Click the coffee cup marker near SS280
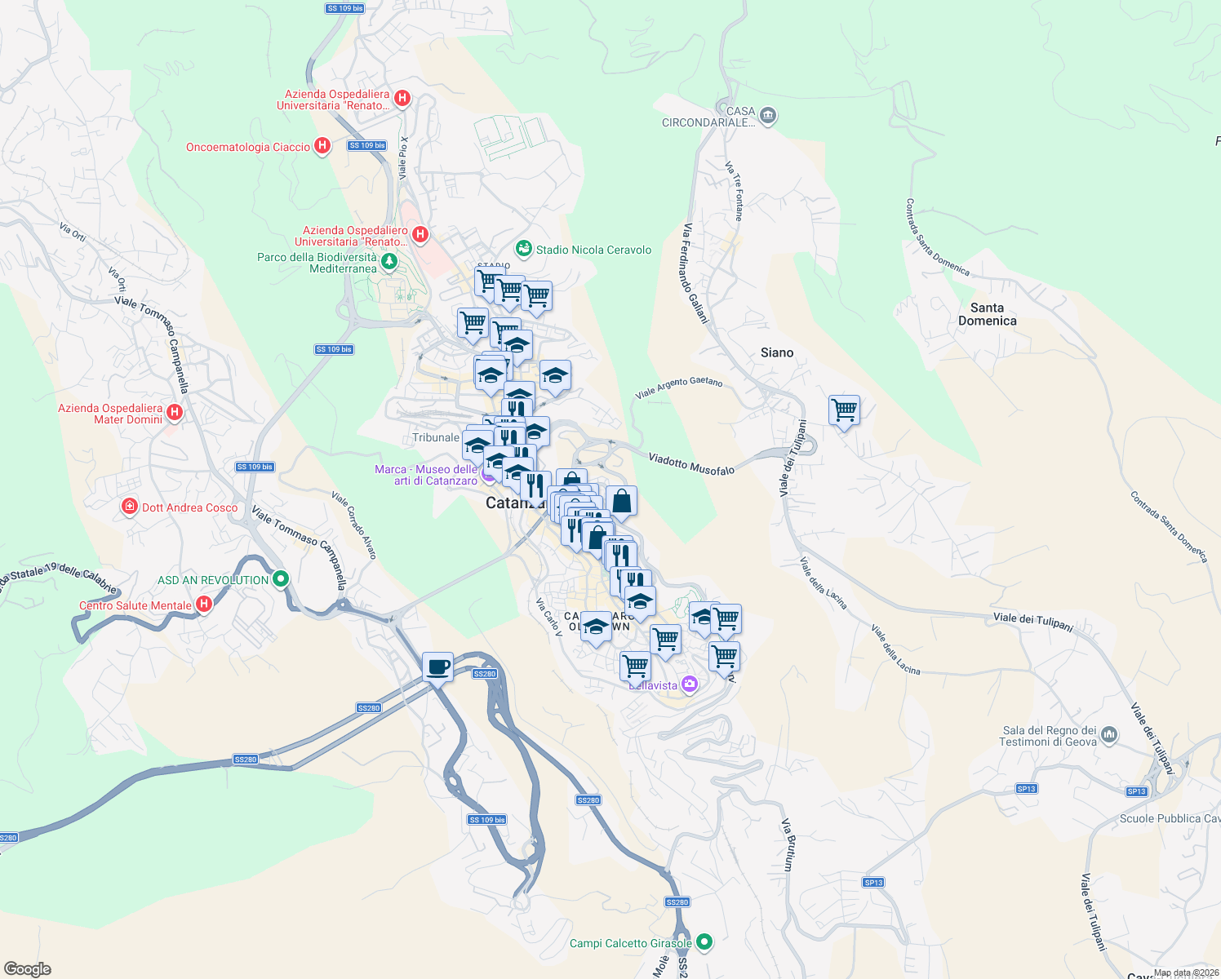tap(438, 667)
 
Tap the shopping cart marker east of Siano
tap(844, 410)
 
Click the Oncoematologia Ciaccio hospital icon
tap(322, 146)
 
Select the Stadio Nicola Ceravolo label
tap(593, 250)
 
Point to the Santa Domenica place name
tap(987, 314)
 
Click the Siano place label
tap(776, 352)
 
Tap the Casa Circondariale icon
tap(767, 116)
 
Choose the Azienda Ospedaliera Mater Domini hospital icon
tap(174, 413)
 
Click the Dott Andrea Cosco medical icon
tap(129, 507)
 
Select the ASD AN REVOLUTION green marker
tap(281, 579)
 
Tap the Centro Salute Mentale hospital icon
tap(204, 605)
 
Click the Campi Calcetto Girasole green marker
tap(704, 942)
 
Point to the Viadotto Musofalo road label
tap(691, 464)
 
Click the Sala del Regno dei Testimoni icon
tap(1108, 735)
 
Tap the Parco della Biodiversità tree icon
tap(389, 262)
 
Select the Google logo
tap(27, 968)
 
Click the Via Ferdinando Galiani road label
tap(695, 273)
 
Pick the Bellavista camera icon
tap(689, 684)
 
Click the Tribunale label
tap(435, 438)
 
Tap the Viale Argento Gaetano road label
tap(678, 388)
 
